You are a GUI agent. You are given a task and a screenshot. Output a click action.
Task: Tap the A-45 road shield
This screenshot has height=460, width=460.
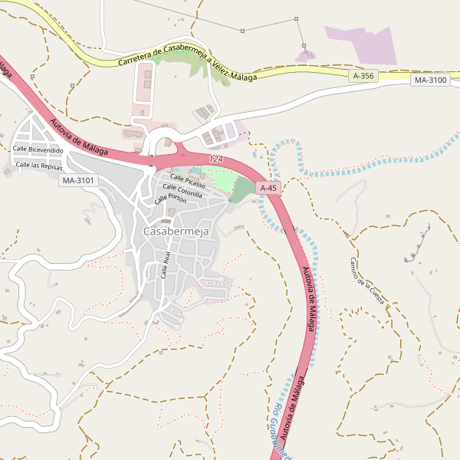click(268, 188)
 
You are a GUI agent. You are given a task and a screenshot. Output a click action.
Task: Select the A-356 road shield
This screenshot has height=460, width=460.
click(363, 76)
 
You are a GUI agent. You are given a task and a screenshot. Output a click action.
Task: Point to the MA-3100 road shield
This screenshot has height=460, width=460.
click(429, 80)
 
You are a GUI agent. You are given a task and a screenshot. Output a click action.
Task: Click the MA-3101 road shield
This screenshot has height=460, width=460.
click(78, 180)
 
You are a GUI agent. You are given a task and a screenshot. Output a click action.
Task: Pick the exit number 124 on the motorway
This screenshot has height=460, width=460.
click(215, 159)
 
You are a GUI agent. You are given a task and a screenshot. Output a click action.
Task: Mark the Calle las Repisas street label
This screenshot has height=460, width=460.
click(39, 165)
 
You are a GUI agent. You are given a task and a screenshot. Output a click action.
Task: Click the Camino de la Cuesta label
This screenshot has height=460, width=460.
click(366, 281)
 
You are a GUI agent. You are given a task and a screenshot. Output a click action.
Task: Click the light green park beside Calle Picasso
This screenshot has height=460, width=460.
click(219, 178)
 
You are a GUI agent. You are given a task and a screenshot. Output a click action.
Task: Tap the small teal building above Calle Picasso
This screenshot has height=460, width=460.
click(195, 170)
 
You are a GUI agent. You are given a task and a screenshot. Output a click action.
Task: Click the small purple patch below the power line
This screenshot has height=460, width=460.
click(305, 55)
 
